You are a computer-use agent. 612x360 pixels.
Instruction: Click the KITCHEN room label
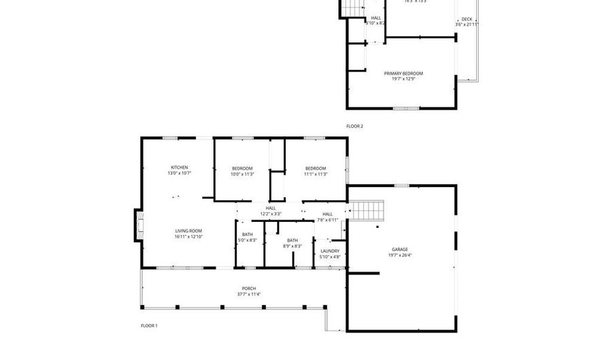pos(180,167)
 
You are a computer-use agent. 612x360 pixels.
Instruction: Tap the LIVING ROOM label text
pos(188,231)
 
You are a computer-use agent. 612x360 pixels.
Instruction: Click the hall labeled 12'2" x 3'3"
pos(271,211)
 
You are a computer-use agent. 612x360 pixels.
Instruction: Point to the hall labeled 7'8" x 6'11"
pos(328,216)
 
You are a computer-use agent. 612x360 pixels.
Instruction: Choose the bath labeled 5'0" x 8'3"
pos(248,237)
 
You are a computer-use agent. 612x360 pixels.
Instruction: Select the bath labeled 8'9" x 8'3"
pos(292,242)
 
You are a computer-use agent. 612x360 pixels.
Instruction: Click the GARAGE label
pos(399,249)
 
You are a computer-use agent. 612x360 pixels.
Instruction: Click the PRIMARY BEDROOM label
pos(403,73)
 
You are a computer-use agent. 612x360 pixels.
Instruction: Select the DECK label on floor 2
pos(466,19)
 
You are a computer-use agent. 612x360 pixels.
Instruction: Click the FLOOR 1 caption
pos(149,326)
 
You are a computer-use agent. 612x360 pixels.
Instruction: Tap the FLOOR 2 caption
pos(355,126)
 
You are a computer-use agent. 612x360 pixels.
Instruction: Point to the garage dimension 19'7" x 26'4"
pos(399,255)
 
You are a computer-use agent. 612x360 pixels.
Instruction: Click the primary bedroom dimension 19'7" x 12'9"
pos(403,79)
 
